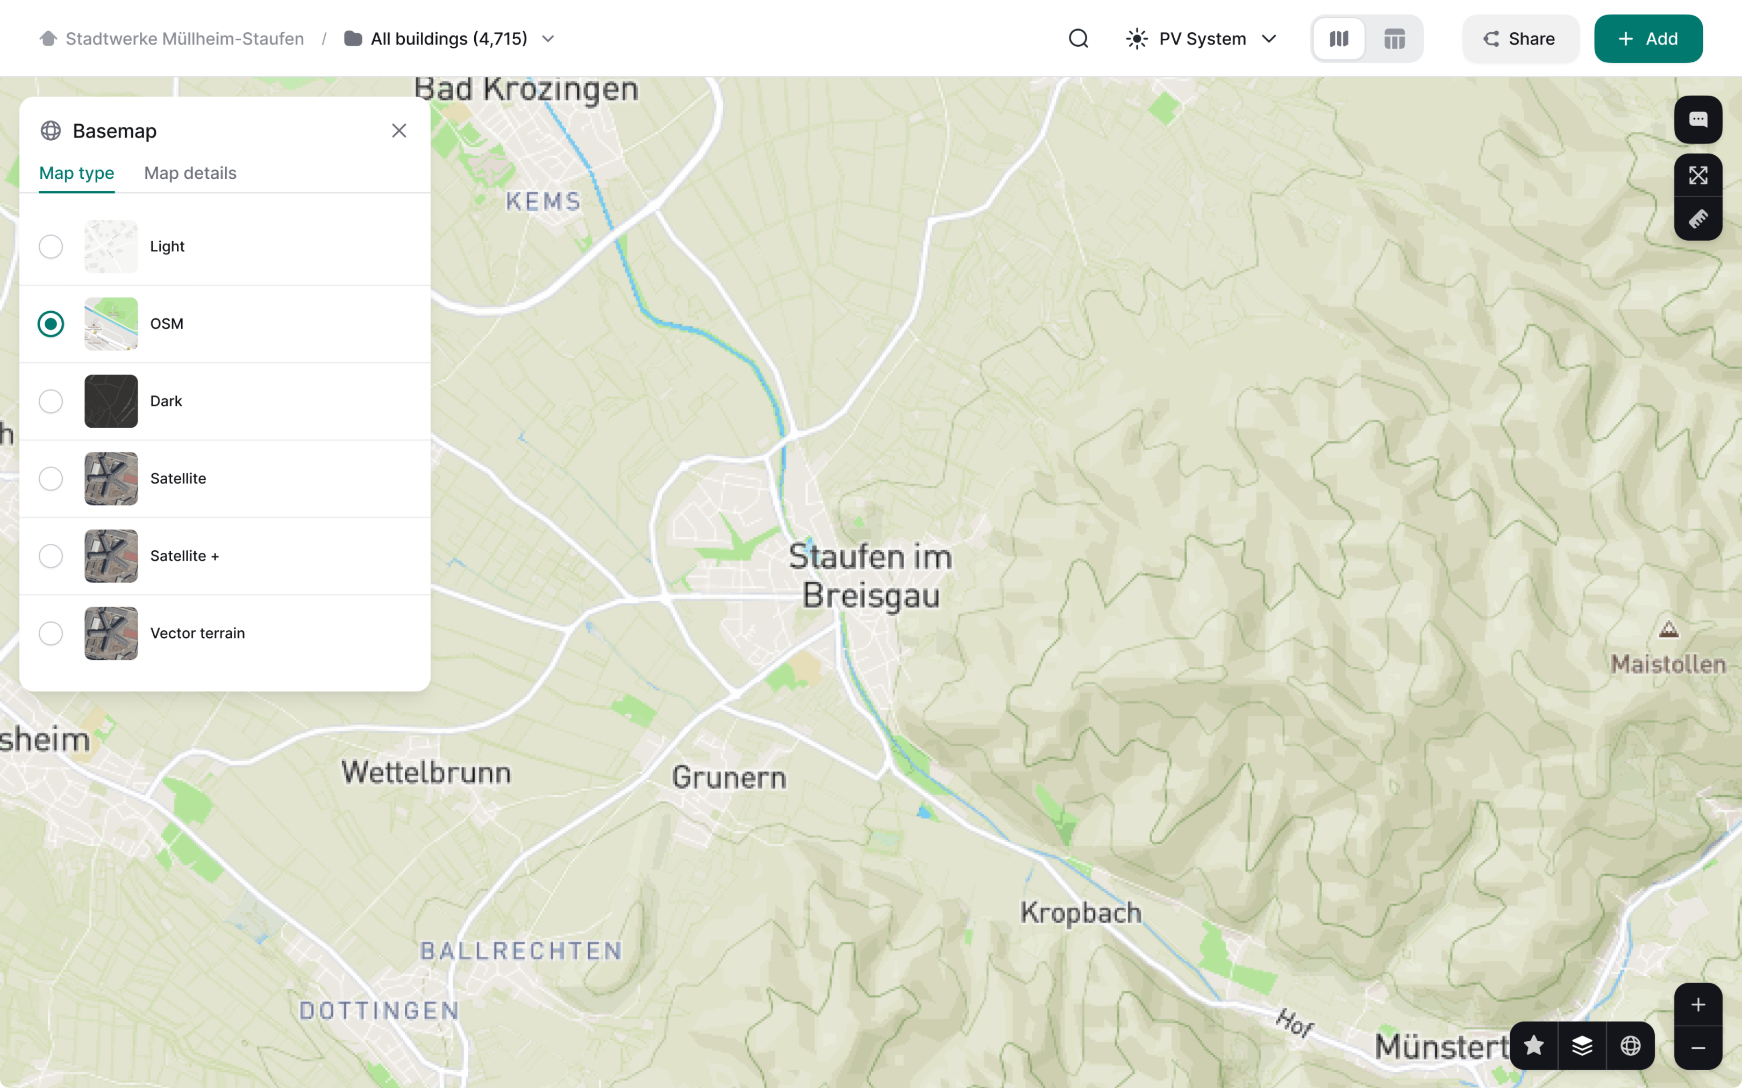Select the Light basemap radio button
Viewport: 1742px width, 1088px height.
click(x=51, y=247)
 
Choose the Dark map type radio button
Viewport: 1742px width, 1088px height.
click(x=51, y=401)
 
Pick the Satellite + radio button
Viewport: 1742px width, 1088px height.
click(x=51, y=556)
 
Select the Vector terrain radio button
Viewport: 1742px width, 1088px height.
click(x=51, y=633)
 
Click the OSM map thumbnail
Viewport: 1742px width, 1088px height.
click(x=111, y=324)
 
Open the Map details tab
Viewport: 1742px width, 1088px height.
click(x=190, y=174)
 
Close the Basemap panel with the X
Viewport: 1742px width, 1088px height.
click(x=399, y=131)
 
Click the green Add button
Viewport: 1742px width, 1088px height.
click(x=1648, y=39)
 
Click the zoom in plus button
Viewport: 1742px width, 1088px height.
click(x=1697, y=1005)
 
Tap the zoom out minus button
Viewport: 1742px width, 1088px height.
click(x=1697, y=1048)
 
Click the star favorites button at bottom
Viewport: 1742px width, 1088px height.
click(x=1534, y=1046)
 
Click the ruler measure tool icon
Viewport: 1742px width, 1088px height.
click(x=1697, y=219)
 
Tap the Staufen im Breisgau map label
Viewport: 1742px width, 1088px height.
click(x=871, y=575)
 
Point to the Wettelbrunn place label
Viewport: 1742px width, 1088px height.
click(x=426, y=773)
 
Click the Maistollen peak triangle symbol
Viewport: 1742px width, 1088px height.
click(x=1668, y=630)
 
